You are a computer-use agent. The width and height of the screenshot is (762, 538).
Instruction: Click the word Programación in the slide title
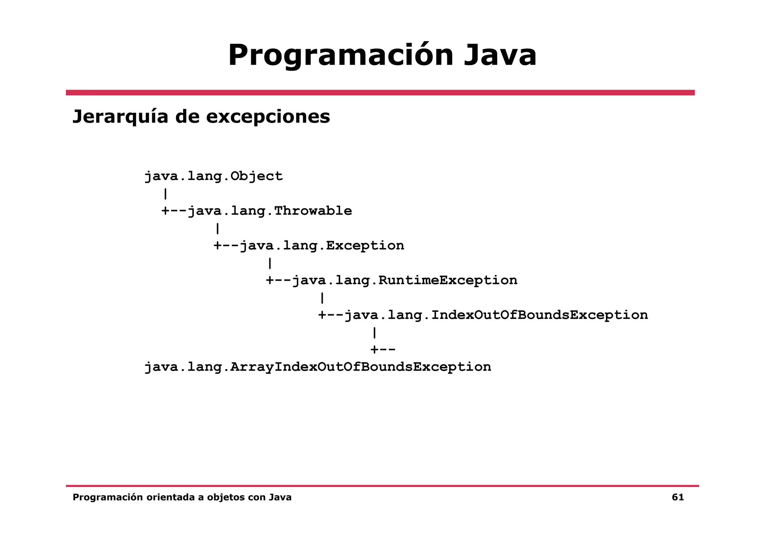[340, 56]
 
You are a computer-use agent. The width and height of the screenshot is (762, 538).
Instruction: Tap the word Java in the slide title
[500, 56]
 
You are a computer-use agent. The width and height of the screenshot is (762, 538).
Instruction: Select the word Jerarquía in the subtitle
[120, 117]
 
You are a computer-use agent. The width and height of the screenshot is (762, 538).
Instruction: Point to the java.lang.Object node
[214, 176]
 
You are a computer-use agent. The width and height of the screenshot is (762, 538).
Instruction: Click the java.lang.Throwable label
[270, 211]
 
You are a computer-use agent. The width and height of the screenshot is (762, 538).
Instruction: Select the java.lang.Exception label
[322, 246]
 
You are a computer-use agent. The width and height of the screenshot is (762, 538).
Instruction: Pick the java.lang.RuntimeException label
[404, 280]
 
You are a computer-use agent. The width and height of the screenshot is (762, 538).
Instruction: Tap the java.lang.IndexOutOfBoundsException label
[496, 315]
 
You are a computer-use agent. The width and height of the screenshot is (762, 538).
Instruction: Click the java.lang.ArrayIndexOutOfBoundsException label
[318, 367]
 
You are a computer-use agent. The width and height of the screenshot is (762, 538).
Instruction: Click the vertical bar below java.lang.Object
[165, 194]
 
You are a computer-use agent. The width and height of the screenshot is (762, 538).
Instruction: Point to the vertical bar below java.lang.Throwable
[217, 228]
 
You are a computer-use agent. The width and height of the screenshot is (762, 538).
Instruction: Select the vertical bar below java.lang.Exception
[270, 263]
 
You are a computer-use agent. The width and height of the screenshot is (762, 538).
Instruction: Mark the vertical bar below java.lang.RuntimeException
[322, 298]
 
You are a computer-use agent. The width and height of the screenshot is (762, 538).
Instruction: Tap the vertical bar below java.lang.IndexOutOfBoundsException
[374, 332]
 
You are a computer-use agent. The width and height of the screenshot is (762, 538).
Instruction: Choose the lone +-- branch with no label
[383, 350]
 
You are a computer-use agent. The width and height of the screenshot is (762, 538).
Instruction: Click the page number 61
[678, 497]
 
